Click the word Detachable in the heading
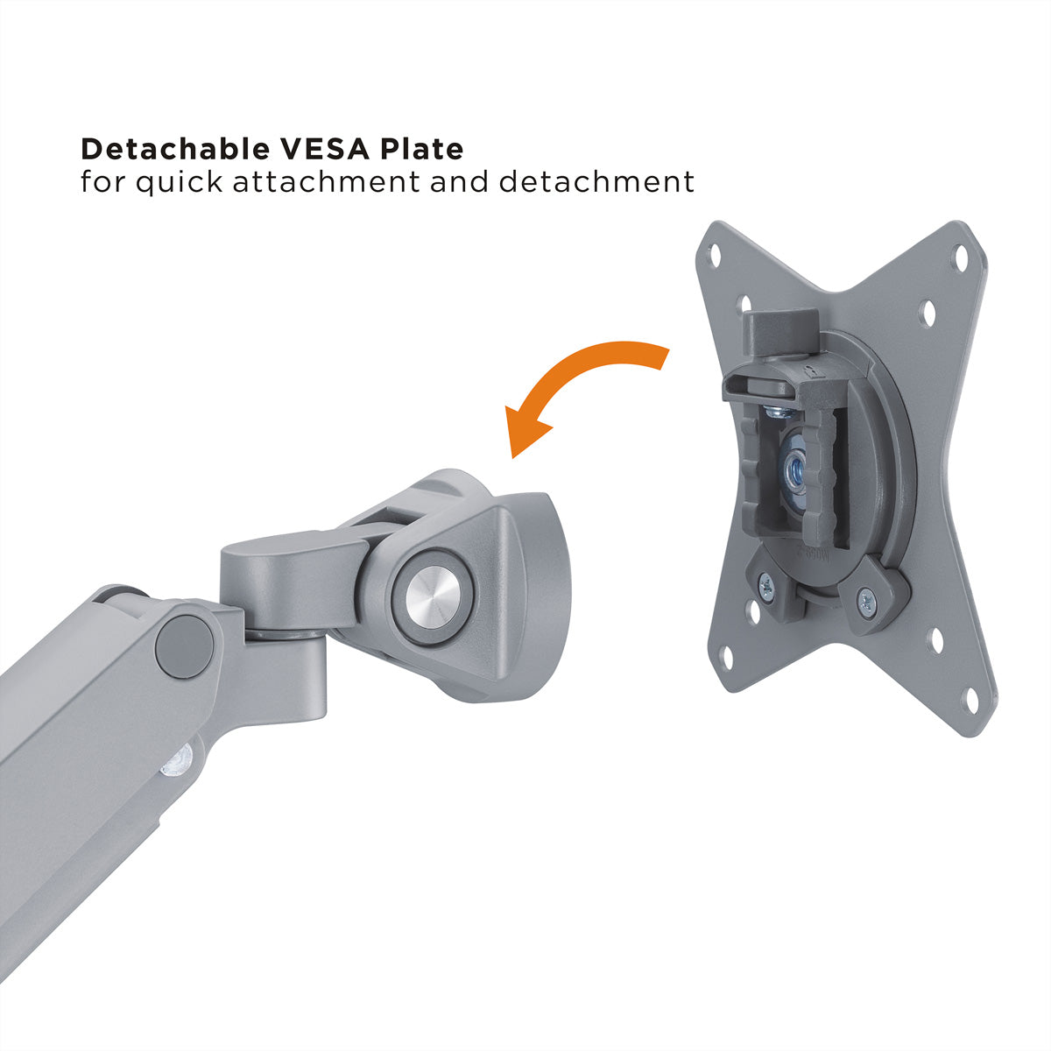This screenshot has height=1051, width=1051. coord(175,149)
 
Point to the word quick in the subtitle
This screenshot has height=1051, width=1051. coord(179,182)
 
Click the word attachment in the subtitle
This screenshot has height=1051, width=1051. coord(326,181)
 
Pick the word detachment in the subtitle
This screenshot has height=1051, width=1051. coord(596,181)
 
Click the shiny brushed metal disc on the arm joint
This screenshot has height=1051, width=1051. coord(434,598)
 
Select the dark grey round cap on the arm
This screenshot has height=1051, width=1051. coord(184,647)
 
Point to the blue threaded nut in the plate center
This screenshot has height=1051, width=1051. coord(794,469)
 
